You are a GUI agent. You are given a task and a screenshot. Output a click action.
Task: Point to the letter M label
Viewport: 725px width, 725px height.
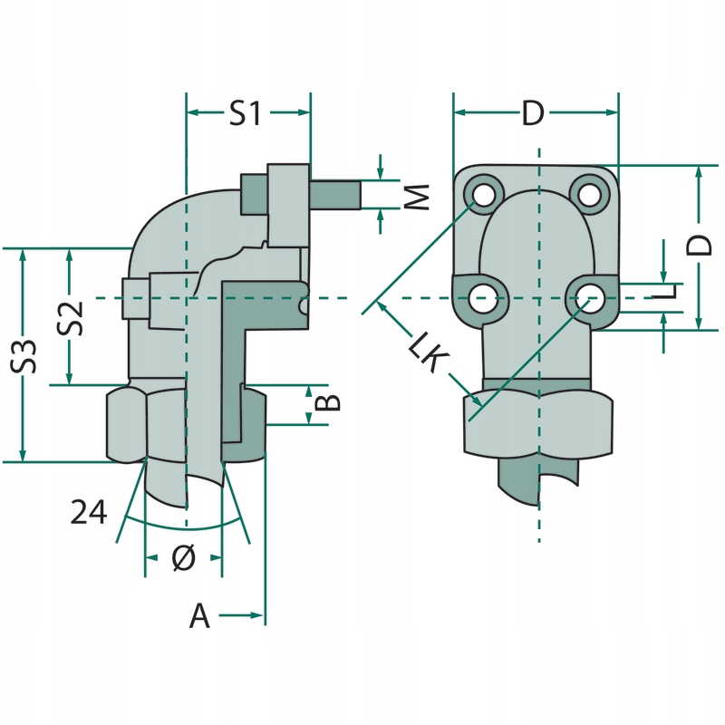(415, 195)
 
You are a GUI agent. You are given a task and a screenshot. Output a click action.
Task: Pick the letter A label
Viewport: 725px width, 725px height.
(199, 617)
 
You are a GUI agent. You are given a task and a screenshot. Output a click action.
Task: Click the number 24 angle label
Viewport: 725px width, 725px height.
(89, 513)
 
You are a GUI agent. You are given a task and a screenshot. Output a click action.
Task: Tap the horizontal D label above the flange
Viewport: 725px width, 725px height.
(534, 114)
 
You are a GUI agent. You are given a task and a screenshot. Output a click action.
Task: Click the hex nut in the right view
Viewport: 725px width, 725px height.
(538, 421)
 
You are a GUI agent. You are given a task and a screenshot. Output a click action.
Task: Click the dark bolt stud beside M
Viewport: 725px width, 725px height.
(336, 193)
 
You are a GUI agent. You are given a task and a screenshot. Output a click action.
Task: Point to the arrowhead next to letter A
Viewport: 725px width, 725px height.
(256, 615)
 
